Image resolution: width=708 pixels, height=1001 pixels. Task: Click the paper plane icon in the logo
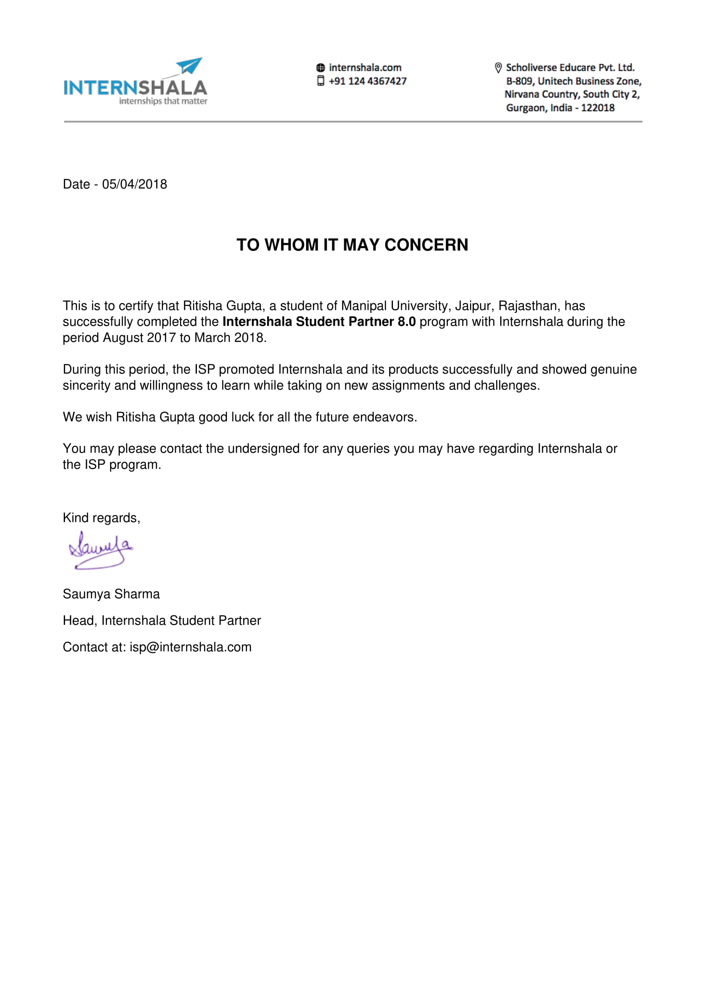[x=190, y=66]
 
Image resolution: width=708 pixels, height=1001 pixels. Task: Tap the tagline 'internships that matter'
[x=163, y=101]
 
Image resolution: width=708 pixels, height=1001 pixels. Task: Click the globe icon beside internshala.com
[x=321, y=68]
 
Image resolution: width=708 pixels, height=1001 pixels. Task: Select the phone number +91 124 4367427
[x=368, y=81]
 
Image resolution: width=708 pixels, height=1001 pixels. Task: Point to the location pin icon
[x=498, y=68]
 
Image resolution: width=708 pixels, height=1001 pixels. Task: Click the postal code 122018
[x=598, y=108]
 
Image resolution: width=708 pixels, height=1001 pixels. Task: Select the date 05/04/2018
[x=134, y=184]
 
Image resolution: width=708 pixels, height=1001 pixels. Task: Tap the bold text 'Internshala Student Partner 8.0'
[x=319, y=322]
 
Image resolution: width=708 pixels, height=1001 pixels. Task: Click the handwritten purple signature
[x=101, y=550]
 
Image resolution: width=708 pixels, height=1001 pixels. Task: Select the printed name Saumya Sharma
[x=111, y=594]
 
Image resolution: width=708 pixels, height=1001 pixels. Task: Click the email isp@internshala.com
[x=190, y=647]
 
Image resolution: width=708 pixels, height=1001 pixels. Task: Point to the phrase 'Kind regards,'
[x=101, y=518]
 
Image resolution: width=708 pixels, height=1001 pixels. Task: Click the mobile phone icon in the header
[x=321, y=81]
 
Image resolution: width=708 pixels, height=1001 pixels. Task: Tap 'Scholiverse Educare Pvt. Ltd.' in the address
[x=570, y=68]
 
